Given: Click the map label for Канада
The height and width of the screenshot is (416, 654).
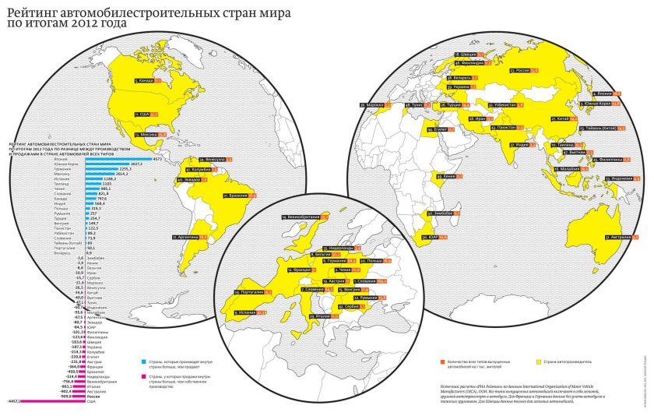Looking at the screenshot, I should [x=147, y=80].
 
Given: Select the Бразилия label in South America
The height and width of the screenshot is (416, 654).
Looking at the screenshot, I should [x=238, y=196].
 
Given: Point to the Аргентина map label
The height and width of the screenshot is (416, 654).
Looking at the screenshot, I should [x=189, y=236].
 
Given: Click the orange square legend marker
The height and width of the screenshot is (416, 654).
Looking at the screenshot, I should [x=442, y=362].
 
